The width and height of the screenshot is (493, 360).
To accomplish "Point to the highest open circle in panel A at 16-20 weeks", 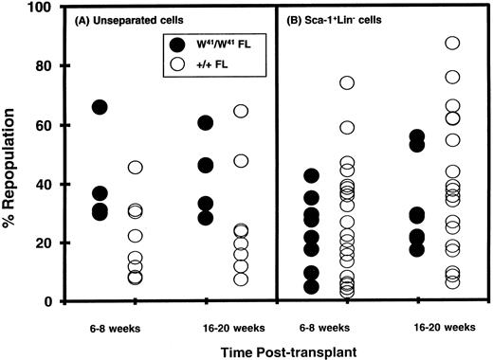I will point(241,111).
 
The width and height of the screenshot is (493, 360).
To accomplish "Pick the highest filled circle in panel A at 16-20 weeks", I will point(206,123).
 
